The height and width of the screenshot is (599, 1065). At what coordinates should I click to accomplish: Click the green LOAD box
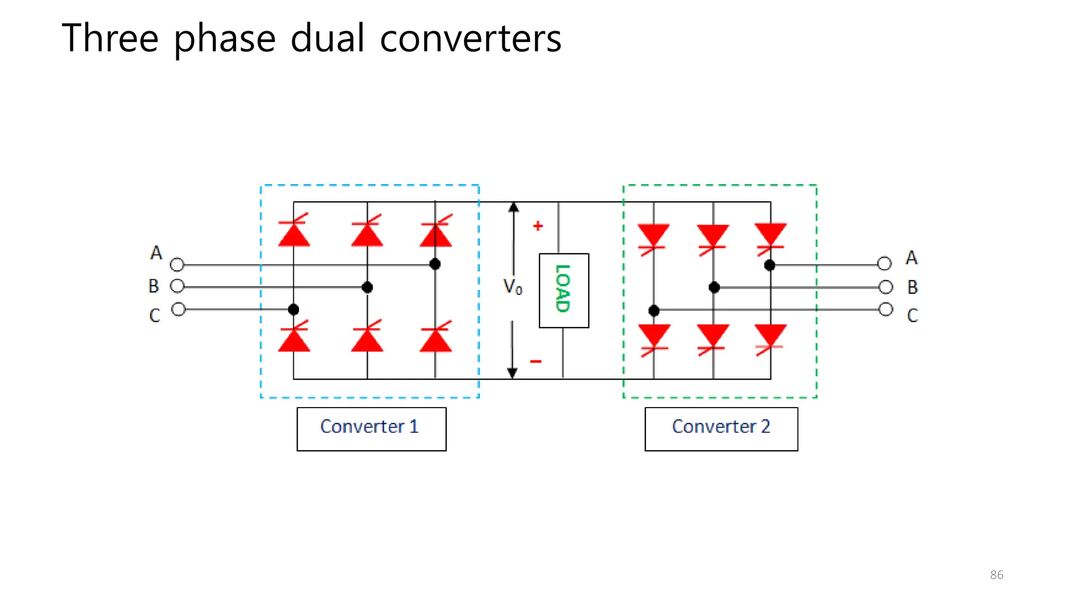(564, 290)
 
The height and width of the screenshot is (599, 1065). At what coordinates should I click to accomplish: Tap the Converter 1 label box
(371, 428)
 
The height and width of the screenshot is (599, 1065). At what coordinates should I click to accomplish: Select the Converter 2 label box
(721, 428)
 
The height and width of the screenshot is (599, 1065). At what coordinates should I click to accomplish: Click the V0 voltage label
(512, 287)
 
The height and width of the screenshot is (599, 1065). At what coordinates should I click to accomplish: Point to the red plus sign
(538, 226)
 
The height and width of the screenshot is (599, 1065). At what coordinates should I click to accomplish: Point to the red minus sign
(536, 361)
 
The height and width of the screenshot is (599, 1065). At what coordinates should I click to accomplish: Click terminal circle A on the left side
(177, 265)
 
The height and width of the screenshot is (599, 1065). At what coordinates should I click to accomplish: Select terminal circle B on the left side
(177, 286)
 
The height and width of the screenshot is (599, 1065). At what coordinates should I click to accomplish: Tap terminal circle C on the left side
(178, 309)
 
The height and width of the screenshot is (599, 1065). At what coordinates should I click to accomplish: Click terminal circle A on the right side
(885, 264)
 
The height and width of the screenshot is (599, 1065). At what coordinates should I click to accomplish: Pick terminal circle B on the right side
(886, 287)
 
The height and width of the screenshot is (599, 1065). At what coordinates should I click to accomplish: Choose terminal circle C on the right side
(886, 309)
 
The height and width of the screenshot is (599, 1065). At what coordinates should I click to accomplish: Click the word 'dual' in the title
(327, 38)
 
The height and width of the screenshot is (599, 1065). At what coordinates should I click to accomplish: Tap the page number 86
(996, 575)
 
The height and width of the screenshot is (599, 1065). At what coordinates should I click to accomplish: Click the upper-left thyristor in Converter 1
(294, 232)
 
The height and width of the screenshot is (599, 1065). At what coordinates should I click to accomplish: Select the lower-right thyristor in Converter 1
(436, 338)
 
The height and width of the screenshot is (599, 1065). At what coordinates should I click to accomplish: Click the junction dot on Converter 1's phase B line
(367, 287)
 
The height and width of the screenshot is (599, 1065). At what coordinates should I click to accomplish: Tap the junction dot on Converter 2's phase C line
(654, 311)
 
